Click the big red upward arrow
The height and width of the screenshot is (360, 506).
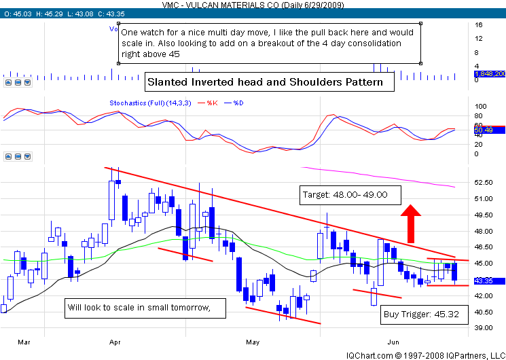(410, 219)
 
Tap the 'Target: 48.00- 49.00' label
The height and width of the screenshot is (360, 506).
(344, 194)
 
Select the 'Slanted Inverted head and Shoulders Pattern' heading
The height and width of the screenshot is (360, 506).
(270, 83)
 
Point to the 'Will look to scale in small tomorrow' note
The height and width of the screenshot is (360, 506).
(137, 308)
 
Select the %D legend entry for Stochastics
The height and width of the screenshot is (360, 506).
(238, 103)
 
